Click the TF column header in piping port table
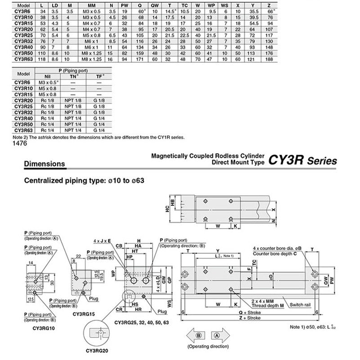(x=99, y=77)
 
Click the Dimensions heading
(x=44, y=164)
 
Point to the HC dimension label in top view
(x=166, y=209)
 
